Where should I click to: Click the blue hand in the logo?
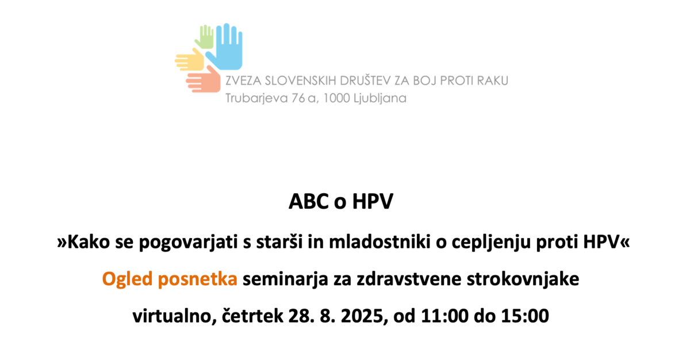coord(227,49)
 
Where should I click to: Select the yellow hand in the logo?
coord(190,60)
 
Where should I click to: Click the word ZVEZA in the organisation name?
coord(243,80)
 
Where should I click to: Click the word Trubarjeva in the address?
coord(256,98)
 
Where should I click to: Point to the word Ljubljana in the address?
coord(380,98)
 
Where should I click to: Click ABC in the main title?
coord(308,202)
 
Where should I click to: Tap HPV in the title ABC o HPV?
coord(373,202)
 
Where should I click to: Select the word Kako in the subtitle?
coord(89,242)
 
